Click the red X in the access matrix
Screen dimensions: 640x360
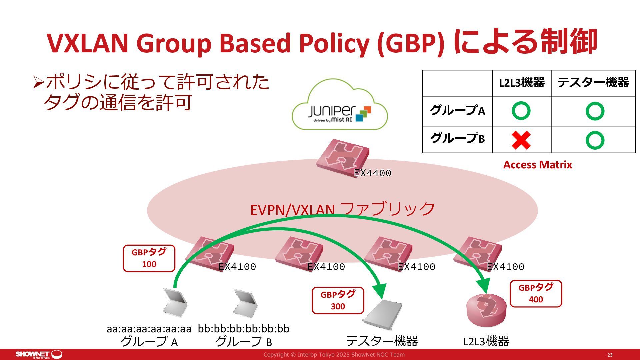click(521, 140)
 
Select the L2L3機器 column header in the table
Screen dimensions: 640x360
click(522, 83)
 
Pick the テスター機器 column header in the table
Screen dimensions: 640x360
click(593, 83)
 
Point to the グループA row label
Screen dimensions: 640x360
click(457, 111)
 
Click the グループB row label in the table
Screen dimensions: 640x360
click(457, 139)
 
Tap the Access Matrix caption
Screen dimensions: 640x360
click(537, 165)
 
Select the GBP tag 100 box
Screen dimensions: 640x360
click(149, 258)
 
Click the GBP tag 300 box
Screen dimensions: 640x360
click(338, 300)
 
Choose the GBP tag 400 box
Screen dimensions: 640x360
click(536, 293)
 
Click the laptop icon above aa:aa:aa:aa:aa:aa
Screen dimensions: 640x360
click(175, 302)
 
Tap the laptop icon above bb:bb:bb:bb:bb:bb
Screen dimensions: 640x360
click(245, 302)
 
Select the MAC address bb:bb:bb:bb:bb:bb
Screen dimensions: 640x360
click(244, 329)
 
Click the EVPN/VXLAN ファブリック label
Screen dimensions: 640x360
click(342, 209)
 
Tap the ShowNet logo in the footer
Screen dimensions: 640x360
click(39, 354)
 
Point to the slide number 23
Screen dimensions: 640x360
click(610, 355)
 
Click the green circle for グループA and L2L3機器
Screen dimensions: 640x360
click(521, 111)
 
